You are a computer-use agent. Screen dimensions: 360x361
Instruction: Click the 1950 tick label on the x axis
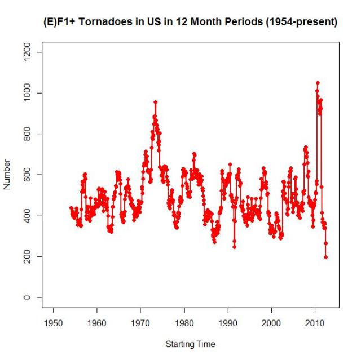[53, 323]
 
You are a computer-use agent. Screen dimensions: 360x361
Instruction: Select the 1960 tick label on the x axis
[96, 323]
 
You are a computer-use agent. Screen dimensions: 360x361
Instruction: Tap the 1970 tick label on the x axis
[140, 323]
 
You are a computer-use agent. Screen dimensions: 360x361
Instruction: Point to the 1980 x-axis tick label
[184, 323]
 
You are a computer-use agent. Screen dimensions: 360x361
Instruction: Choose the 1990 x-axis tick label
[228, 323]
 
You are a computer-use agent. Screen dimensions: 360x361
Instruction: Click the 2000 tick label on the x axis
[271, 323]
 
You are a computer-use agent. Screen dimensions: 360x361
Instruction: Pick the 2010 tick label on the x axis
[315, 323]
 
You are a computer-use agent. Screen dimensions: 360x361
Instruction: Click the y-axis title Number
[7, 175]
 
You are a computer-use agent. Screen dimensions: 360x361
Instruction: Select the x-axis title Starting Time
[190, 344]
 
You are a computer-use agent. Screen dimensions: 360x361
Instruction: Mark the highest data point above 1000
[318, 83]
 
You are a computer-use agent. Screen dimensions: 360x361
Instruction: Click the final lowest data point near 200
[326, 257]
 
